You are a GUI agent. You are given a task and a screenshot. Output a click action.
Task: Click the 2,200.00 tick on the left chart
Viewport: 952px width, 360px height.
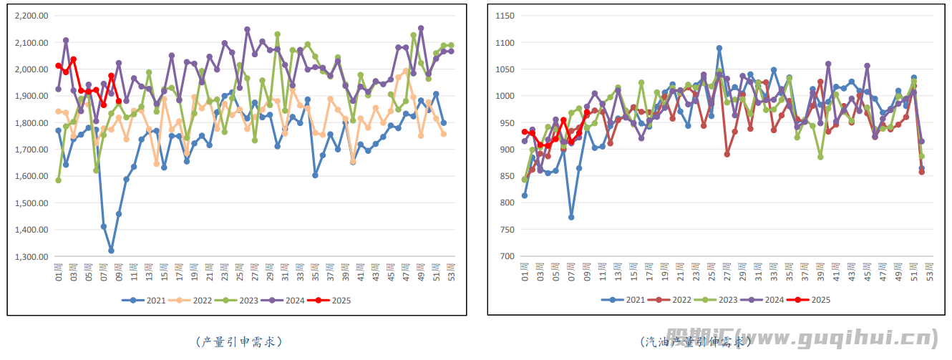31,16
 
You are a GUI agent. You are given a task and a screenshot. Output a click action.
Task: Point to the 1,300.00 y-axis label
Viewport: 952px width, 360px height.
31,257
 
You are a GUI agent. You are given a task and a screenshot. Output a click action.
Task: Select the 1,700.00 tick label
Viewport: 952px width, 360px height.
31,150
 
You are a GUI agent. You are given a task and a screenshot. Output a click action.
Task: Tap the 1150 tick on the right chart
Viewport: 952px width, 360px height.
505,16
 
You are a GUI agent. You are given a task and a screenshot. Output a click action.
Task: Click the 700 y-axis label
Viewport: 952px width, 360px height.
507,257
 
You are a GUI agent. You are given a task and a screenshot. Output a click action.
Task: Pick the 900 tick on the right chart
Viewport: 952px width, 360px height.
507,150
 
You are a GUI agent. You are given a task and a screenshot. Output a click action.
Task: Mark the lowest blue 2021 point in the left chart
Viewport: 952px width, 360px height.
111,250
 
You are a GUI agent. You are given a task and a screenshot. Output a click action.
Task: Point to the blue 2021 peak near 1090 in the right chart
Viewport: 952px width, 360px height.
719,48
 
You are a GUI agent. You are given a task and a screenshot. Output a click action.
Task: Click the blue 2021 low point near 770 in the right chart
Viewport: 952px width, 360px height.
571,217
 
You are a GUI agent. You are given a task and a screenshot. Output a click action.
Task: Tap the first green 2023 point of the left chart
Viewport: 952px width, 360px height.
59,180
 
